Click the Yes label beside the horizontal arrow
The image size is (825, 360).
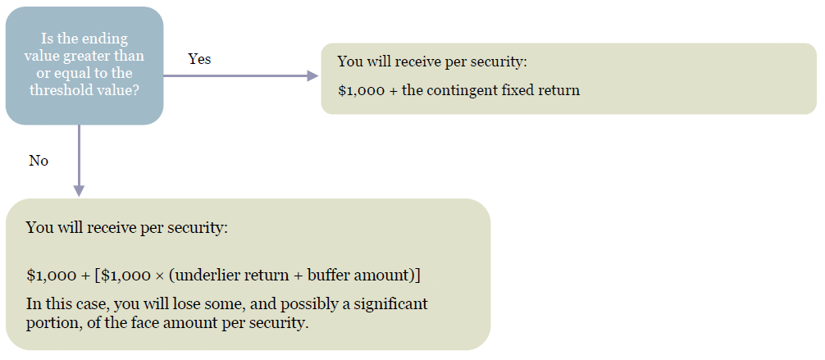tap(199, 59)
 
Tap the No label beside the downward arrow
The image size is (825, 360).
tap(39, 161)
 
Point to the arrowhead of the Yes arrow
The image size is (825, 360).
tap(312, 75)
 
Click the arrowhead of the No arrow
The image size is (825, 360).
tap(79, 190)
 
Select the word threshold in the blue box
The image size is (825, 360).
tap(53, 90)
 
